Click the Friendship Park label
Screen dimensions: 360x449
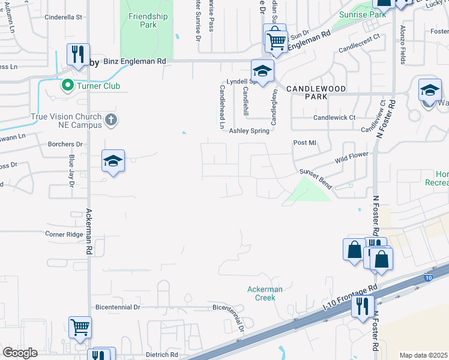(148, 21)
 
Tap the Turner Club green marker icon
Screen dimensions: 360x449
(67, 86)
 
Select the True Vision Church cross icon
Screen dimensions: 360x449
(110, 120)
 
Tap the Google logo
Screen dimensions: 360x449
(20, 353)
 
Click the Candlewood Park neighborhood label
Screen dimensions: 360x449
(307, 92)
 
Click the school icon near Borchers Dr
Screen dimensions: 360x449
(113, 161)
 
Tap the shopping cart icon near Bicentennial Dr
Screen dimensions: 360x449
(80, 328)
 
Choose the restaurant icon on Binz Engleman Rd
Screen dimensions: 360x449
(78, 55)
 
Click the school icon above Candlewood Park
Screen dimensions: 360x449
(262, 71)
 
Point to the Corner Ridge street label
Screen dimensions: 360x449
(64, 234)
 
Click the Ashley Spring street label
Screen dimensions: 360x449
(248, 131)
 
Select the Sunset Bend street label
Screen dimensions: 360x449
(316, 178)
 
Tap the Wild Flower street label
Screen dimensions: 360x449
(352, 158)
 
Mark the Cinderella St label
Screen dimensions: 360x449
(63, 17)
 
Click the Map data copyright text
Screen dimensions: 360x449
(423, 355)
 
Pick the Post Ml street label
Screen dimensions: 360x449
(304, 143)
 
